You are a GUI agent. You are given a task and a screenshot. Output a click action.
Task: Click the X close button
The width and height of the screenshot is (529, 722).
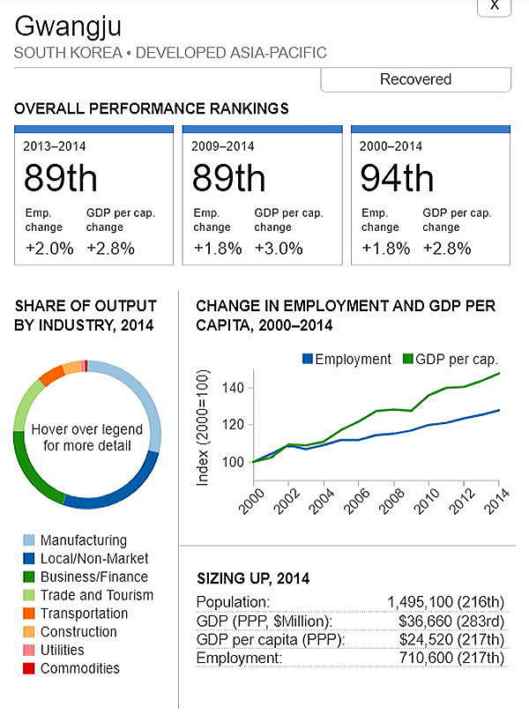click(494, 5)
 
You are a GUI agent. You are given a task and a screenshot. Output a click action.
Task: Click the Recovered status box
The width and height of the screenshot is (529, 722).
click(415, 79)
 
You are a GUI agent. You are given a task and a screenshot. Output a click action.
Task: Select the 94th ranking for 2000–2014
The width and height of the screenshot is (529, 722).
click(397, 178)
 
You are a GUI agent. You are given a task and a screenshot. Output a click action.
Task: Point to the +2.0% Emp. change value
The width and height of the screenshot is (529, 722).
click(49, 249)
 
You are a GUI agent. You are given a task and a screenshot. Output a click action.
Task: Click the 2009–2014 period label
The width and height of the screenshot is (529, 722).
click(222, 145)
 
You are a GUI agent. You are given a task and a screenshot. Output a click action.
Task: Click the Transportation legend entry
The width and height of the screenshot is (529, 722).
click(84, 614)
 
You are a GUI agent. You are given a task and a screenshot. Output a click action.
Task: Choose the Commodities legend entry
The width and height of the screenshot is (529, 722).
click(79, 668)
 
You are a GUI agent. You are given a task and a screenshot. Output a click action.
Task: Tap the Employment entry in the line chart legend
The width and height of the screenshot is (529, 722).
click(346, 359)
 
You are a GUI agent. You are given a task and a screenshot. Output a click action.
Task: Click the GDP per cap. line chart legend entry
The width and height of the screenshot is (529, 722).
click(451, 359)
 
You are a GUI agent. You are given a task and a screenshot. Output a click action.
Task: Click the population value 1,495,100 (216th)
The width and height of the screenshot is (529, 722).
click(445, 602)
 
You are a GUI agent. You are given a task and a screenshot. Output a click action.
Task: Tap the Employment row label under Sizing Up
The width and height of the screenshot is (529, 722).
click(238, 658)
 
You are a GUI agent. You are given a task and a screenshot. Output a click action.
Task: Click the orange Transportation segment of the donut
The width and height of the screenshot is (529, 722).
click(51, 375)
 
